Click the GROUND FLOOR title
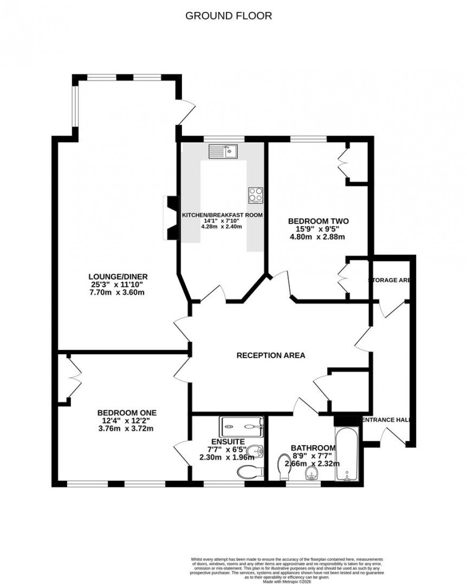point(228,16)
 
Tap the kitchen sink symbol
point(223,151)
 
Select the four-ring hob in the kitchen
point(255,195)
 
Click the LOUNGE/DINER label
point(118,276)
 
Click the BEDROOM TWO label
point(318,221)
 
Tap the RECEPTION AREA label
point(271,355)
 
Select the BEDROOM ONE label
point(127,412)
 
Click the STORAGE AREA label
point(389,280)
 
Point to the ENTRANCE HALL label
point(386,420)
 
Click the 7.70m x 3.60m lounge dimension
point(118,292)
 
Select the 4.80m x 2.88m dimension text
point(318,237)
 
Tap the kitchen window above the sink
point(224,139)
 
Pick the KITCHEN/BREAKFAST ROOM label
point(222,215)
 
